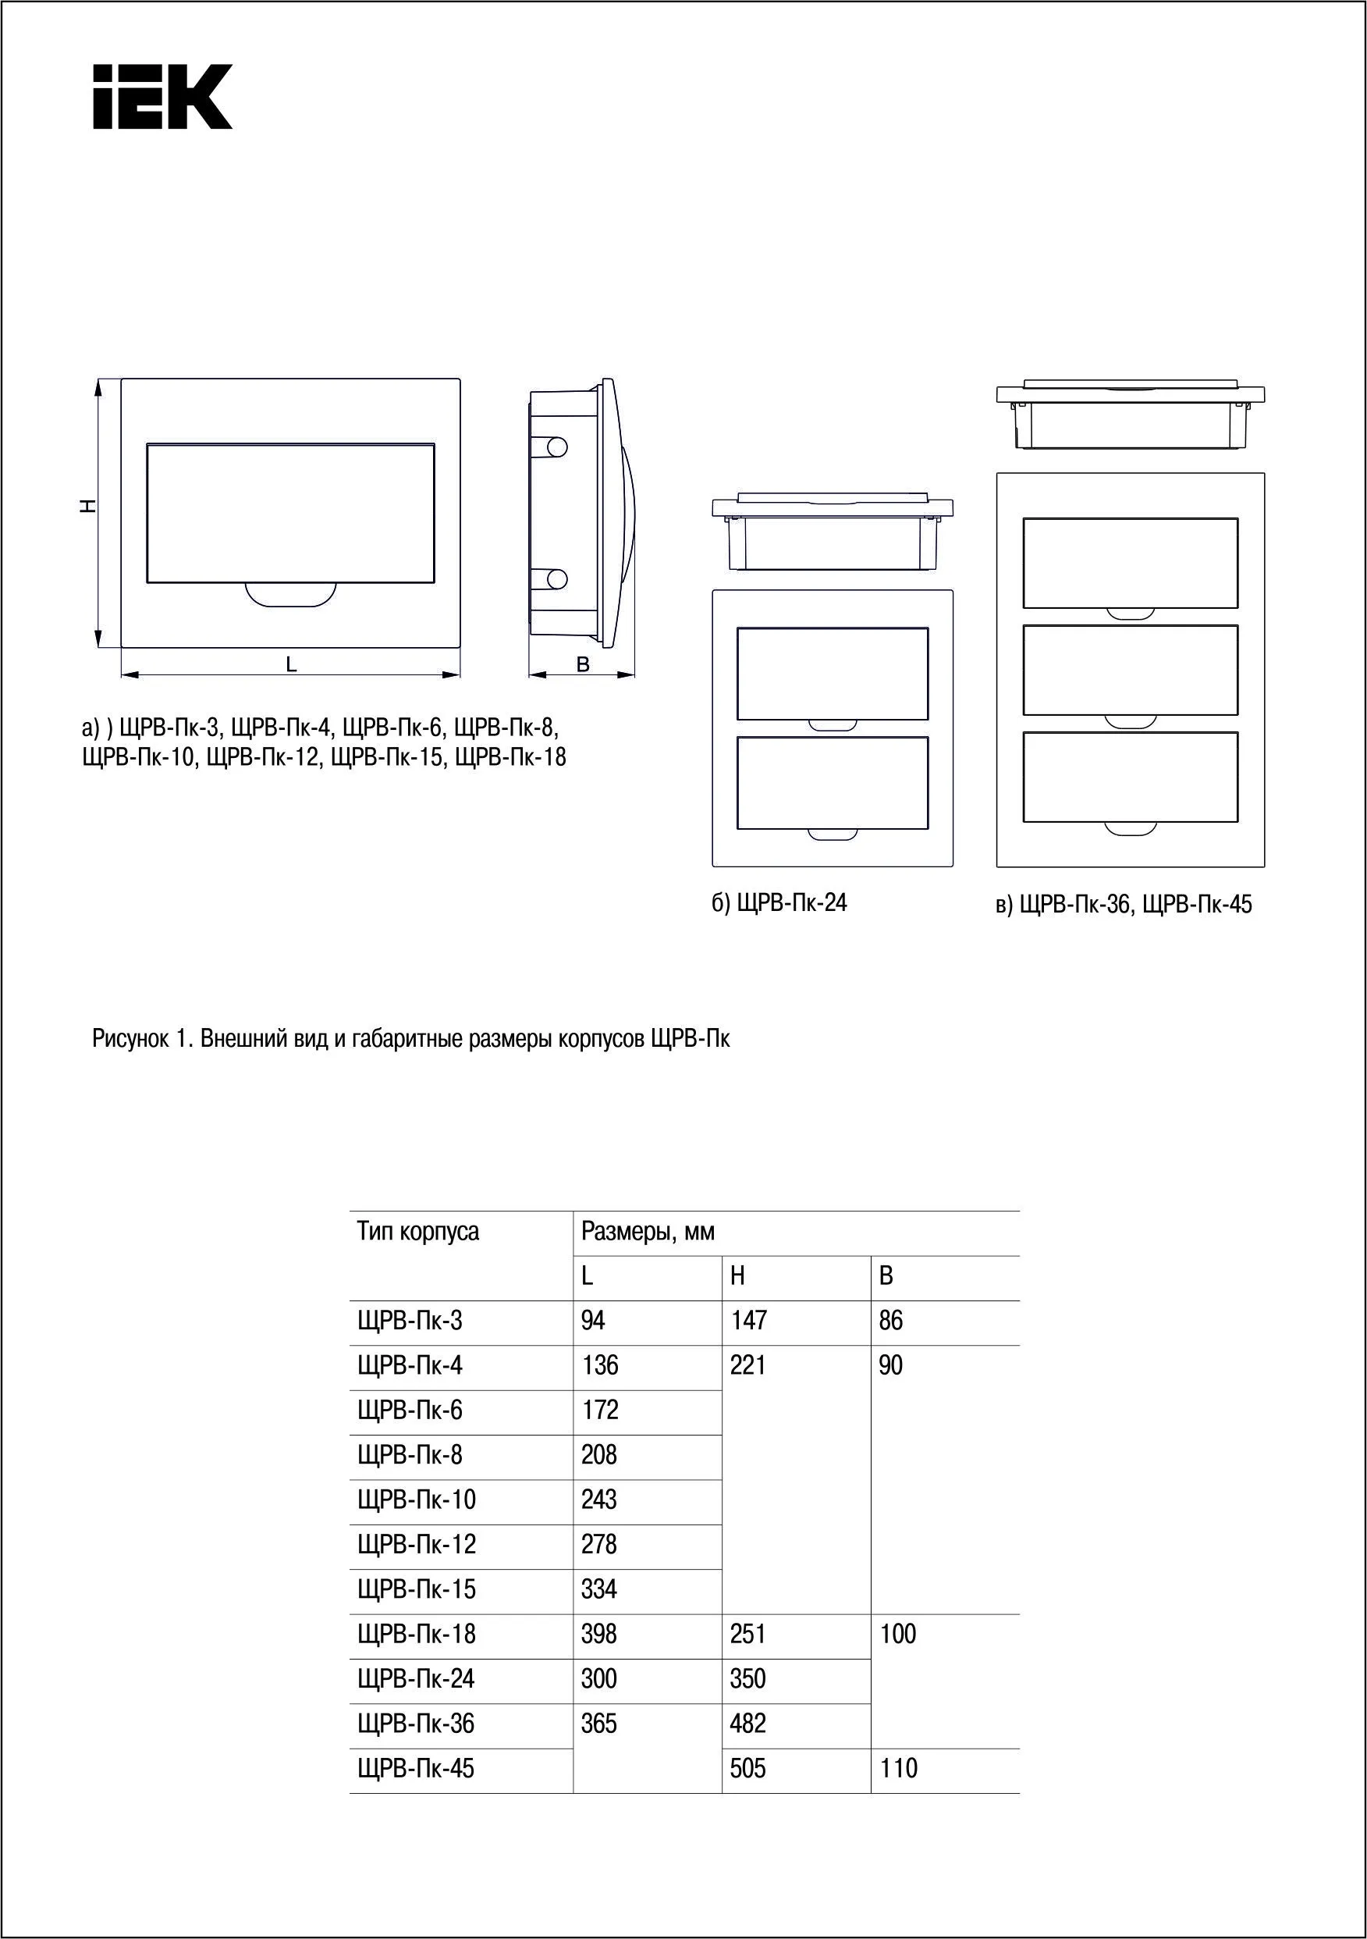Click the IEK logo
pyautogui.click(x=162, y=96)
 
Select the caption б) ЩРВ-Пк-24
pyautogui.click(x=779, y=903)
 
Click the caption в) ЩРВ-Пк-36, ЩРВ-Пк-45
pyautogui.click(x=1123, y=905)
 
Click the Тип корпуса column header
pyautogui.click(x=417, y=1231)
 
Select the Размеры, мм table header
pyautogui.click(x=648, y=1231)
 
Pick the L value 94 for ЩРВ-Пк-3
pyautogui.click(x=593, y=1321)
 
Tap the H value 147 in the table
pyautogui.click(x=748, y=1321)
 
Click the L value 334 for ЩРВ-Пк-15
pyautogui.click(x=598, y=1589)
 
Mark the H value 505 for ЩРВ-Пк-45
pyautogui.click(x=748, y=1768)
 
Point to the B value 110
pyautogui.click(x=897, y=1768)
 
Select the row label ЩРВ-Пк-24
pyautogui.click(x=416, y=1679)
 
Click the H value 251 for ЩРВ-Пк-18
pyautogui.click(x=748, y=1634)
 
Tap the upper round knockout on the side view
pyautogui.click(x=556, y=447)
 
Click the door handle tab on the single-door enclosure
pyautogui.click(x=290, y=595)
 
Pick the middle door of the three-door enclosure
pyautogui.click(x=1130, y=670)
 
